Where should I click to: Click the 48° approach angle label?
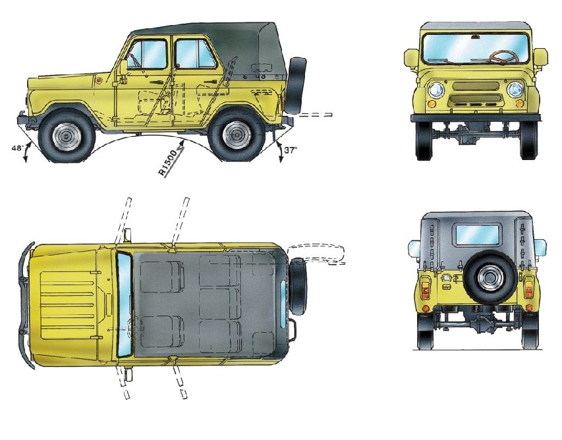[x=18, y=148]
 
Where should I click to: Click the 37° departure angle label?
[x=291, y=150]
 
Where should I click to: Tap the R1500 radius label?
[x=168, y=163]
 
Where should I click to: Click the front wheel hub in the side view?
[x=67, y=136]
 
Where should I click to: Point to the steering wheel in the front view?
[x=504, y=57]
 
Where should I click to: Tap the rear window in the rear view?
[x=478, y=234]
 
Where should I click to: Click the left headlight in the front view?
[x=436, y=90]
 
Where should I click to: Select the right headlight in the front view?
[x=515, y=90]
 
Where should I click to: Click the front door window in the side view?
[x=148, y=54]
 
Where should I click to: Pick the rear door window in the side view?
[x=194, y=54]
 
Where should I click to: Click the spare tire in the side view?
[x=296, y=85]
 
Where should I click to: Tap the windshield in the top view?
[x=124, y=304]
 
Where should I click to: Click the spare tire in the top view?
[x=298, y=286]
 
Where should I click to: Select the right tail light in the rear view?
[x=529, y=287]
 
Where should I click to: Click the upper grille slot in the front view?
[x=476, y=86]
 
